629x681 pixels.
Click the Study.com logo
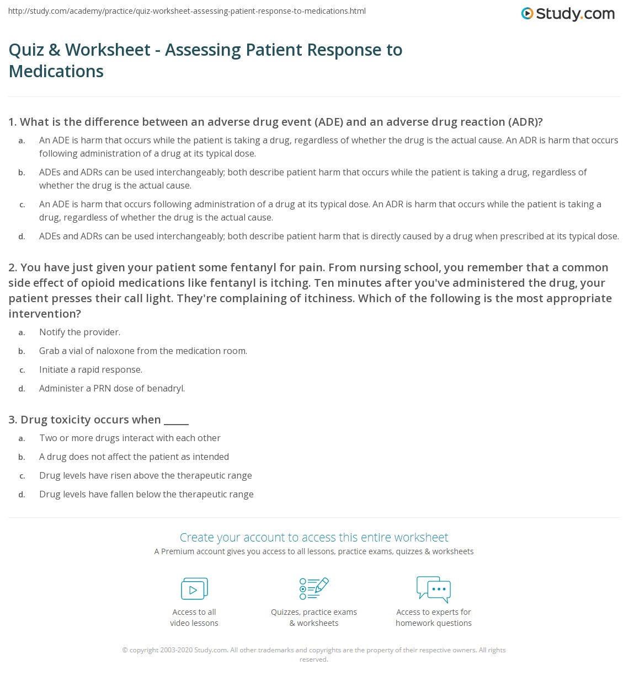click(x=568, y=14)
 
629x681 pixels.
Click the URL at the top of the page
click(x=186, y=11)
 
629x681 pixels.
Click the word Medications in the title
click(x=56, y=71)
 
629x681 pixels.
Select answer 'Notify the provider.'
click(x=79, y=332)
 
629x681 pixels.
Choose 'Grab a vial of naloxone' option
click(x=143, y=351)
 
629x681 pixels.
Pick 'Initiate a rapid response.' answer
click(x=90, y=369)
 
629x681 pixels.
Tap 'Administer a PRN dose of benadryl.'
click(x=112, y=388)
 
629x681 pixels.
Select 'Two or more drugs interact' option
click(x=130, y=438)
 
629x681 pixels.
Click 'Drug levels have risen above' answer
click(x=145, y=475)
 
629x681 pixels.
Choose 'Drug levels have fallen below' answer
click(x=146, y=494)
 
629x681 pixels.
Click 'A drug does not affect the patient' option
click(x=134, y=457)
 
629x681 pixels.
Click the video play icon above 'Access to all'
click(x=194, y=588)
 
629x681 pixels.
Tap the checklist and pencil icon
click(x=314, y=588)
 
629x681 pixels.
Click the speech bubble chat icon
click(x=434, y=588)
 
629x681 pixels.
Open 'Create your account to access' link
click(x=313, y=537)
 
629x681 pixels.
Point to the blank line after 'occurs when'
click(x=177, y=421)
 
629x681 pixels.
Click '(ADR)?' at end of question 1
click(x=525, y=122)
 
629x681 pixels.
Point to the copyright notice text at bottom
click(x=313, y=654)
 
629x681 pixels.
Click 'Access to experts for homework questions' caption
click(x=434, y=618)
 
